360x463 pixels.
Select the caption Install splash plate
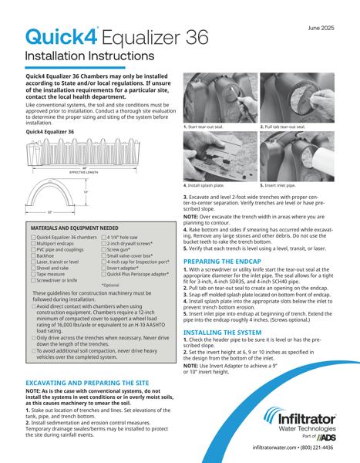coord(207,186)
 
